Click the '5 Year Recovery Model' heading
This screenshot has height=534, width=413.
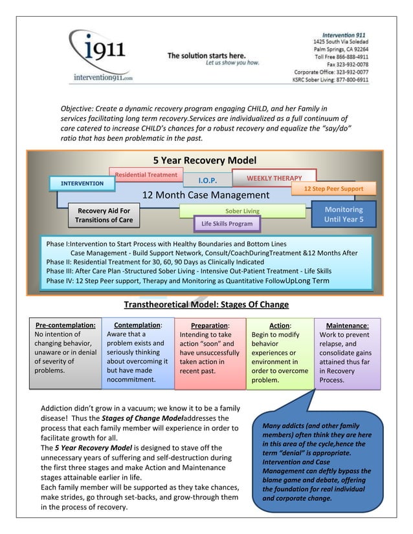point(205,160)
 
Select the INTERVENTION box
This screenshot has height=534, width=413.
point(82,184)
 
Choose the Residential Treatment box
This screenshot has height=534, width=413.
point(146,175)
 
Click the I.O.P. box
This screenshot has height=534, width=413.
point(207,180)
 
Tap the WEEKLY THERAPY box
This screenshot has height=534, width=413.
point(274,178)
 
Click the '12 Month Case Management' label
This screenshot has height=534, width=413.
point(205,195)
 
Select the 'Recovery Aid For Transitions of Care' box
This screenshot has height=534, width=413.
point(104,215)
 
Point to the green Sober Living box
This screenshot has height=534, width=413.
point(241,211)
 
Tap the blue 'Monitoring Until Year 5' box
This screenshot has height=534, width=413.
point(343,215)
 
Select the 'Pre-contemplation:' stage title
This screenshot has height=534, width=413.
point(65,325)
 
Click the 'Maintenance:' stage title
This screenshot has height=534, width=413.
point(347,325)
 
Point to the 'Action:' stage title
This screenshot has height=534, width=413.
point(280,325)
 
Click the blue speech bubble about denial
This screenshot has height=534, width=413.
point(317,462)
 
